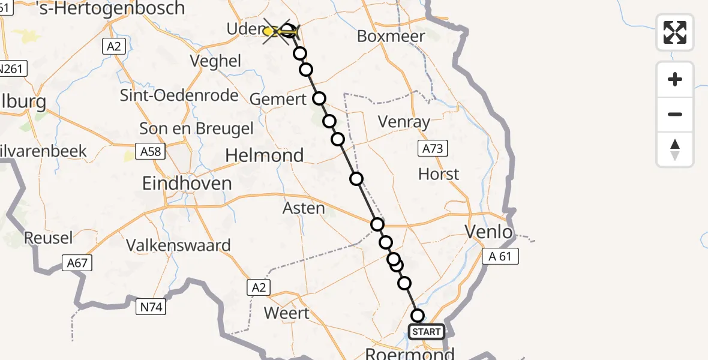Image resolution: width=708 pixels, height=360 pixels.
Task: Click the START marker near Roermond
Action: [x=426, y=332]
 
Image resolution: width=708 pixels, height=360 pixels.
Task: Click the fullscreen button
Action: [x=675, y=32]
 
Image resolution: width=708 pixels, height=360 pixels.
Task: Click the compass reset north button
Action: [x=675, y=149]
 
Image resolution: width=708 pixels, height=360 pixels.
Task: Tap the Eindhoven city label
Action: [x=187, y=183]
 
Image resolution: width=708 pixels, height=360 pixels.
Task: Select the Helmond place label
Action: [x=264, y=155]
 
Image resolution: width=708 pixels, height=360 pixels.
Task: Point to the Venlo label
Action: [x=489, y=232]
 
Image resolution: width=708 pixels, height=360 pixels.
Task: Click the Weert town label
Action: [x=287, y=313]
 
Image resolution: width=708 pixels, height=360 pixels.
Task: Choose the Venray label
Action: [x=404, y=122]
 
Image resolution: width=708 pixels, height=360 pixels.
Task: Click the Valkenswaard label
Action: [x=178, y=245]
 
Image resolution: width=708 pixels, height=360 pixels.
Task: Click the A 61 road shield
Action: [x=500, y=257]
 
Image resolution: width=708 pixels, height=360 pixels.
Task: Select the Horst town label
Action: [x=439, y=175]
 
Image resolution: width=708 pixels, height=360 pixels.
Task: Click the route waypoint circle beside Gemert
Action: [x=319, y=98]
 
